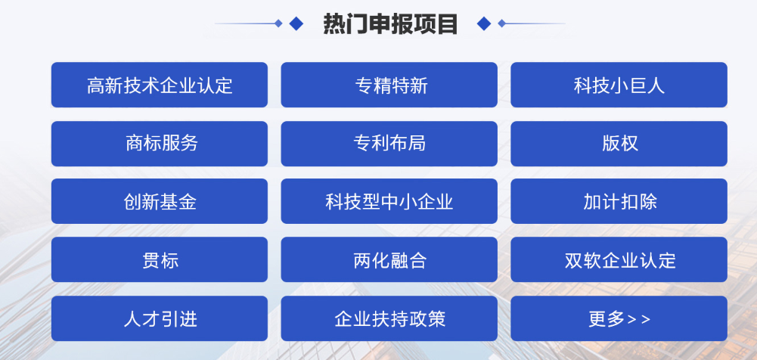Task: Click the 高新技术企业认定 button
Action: pyautogui.click(x=160, y=85)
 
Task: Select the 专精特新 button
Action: pyautogui.click(x=389, y=85)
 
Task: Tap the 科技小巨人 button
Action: pyautogui.click(x=619, y=85)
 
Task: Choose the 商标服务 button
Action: pyautogui.click(x=160, y=144)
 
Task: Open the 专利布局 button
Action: pyautogui.click(x=389, y=144)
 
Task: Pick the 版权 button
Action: pyautogui.click(x=619, y=144)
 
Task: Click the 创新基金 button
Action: pyautogui.click(x=160, y=201)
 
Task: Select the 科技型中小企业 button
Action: pyautogui.click(x=389, y=201)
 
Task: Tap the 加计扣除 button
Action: pyautogui.click(x=619, y=201)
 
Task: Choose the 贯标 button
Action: pyautogui.click(x=160, y=259)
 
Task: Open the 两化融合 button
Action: pyautogui.click(x=389, y=259)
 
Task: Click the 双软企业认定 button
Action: pyautogui.click(x=619, y=259)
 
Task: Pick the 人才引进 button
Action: pyautogui.click(x=160, y=318)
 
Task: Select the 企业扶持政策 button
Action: pyautogui.click(x=389, y=318)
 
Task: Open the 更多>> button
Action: pyautogui.click(x=619, y=318)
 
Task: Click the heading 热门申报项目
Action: pyautogui.click(x=390, y=23)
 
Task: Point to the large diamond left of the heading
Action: pyautogui.click(x=296, y=23)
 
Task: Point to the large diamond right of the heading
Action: pyautogui.click(x=484, y=23)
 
